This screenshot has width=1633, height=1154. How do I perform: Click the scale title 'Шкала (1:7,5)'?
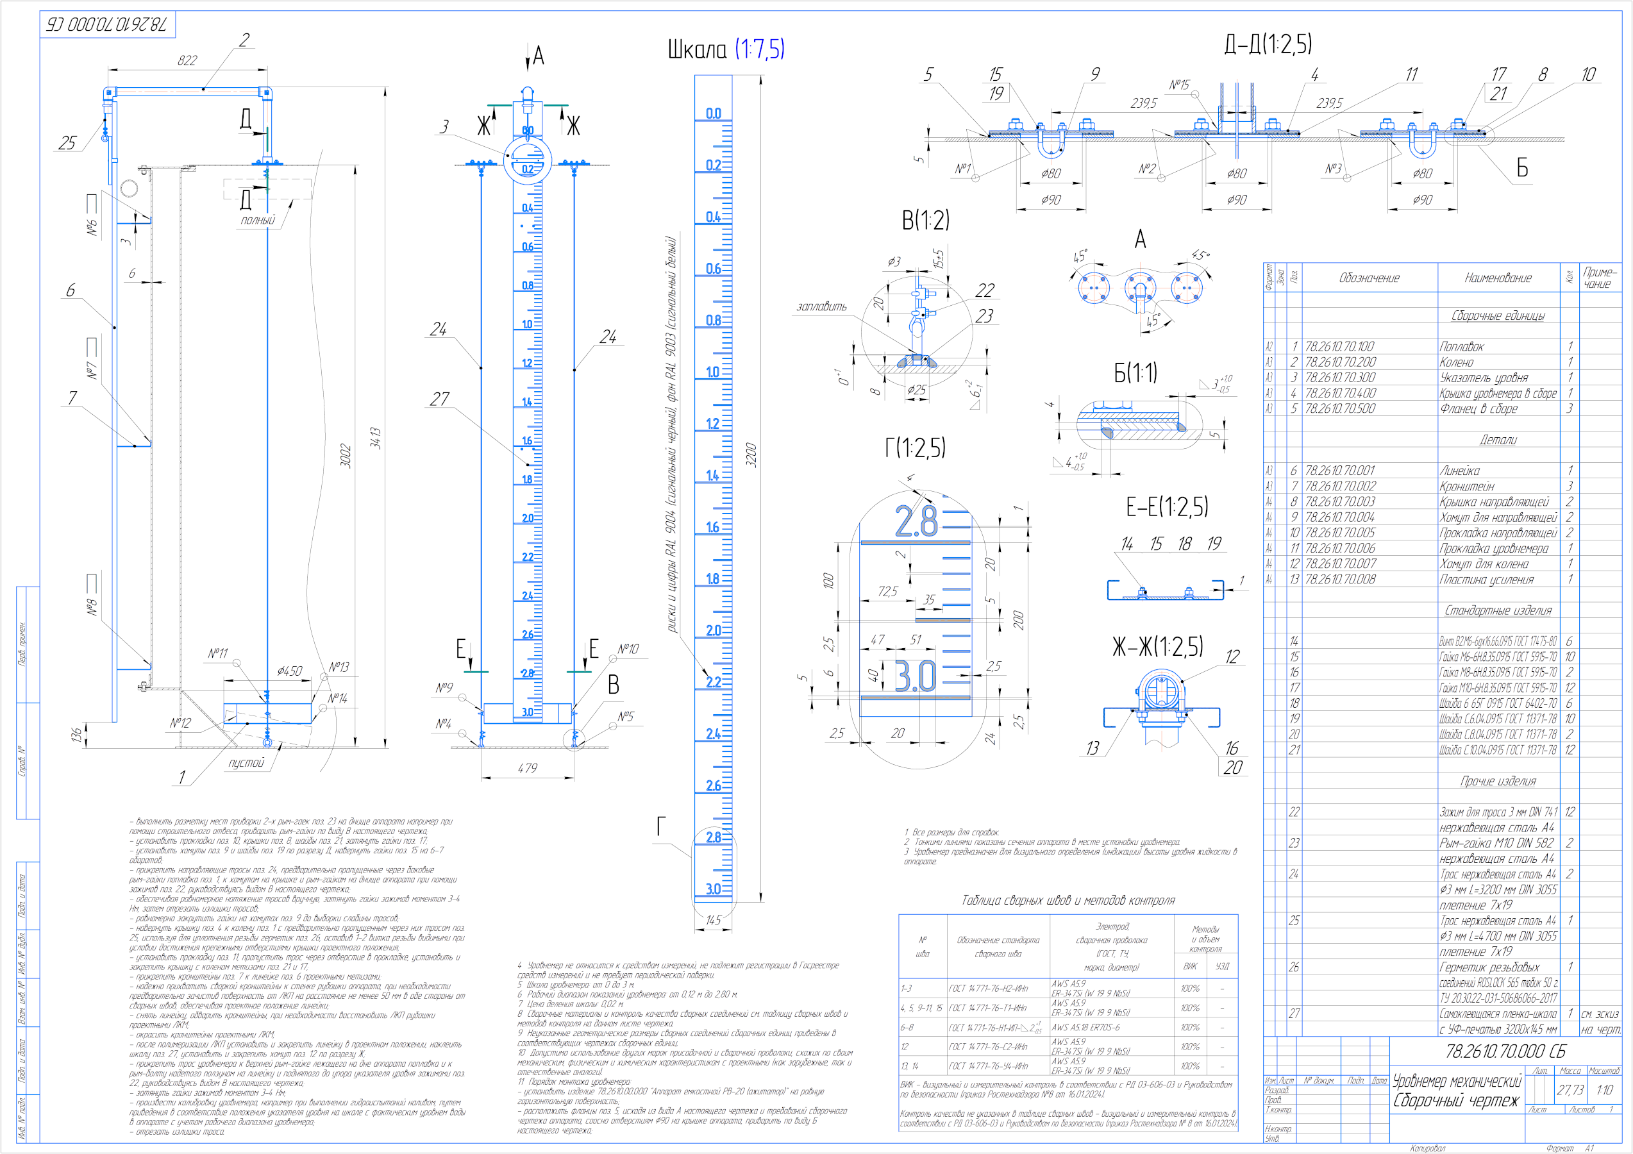(x=726, y=49)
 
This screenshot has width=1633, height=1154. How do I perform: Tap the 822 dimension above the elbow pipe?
(x=187, y=60)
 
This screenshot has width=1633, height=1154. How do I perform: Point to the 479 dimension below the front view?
(x=527, y=768)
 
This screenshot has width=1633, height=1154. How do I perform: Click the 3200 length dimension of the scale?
(x=751, y=455)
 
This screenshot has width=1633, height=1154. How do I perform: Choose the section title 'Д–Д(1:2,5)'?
(x=1268, y=44)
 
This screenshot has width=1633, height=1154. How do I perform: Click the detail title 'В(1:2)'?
(x=925, y=221)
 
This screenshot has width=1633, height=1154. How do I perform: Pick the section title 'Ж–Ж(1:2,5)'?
(x=1157, y=646)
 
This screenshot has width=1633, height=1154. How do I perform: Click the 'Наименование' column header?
(x=1498, y=278)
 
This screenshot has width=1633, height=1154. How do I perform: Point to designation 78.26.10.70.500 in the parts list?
(x=1340, y=409)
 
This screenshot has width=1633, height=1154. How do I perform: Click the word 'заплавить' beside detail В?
(x=821, y=306)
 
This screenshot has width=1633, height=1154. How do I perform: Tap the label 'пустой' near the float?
(x=246, y=763)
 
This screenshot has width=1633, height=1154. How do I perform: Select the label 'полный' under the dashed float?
(x=258, y=221)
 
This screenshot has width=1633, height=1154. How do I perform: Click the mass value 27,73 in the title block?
(x=1570, y=1090)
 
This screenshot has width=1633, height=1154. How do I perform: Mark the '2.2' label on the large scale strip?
(x=713, y=682)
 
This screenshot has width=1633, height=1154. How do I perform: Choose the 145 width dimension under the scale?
(x=714, y=920)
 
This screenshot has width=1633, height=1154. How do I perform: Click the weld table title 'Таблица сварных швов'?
(x=1068, y=900)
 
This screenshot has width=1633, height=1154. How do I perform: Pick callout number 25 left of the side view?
(x=67, y=143)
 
